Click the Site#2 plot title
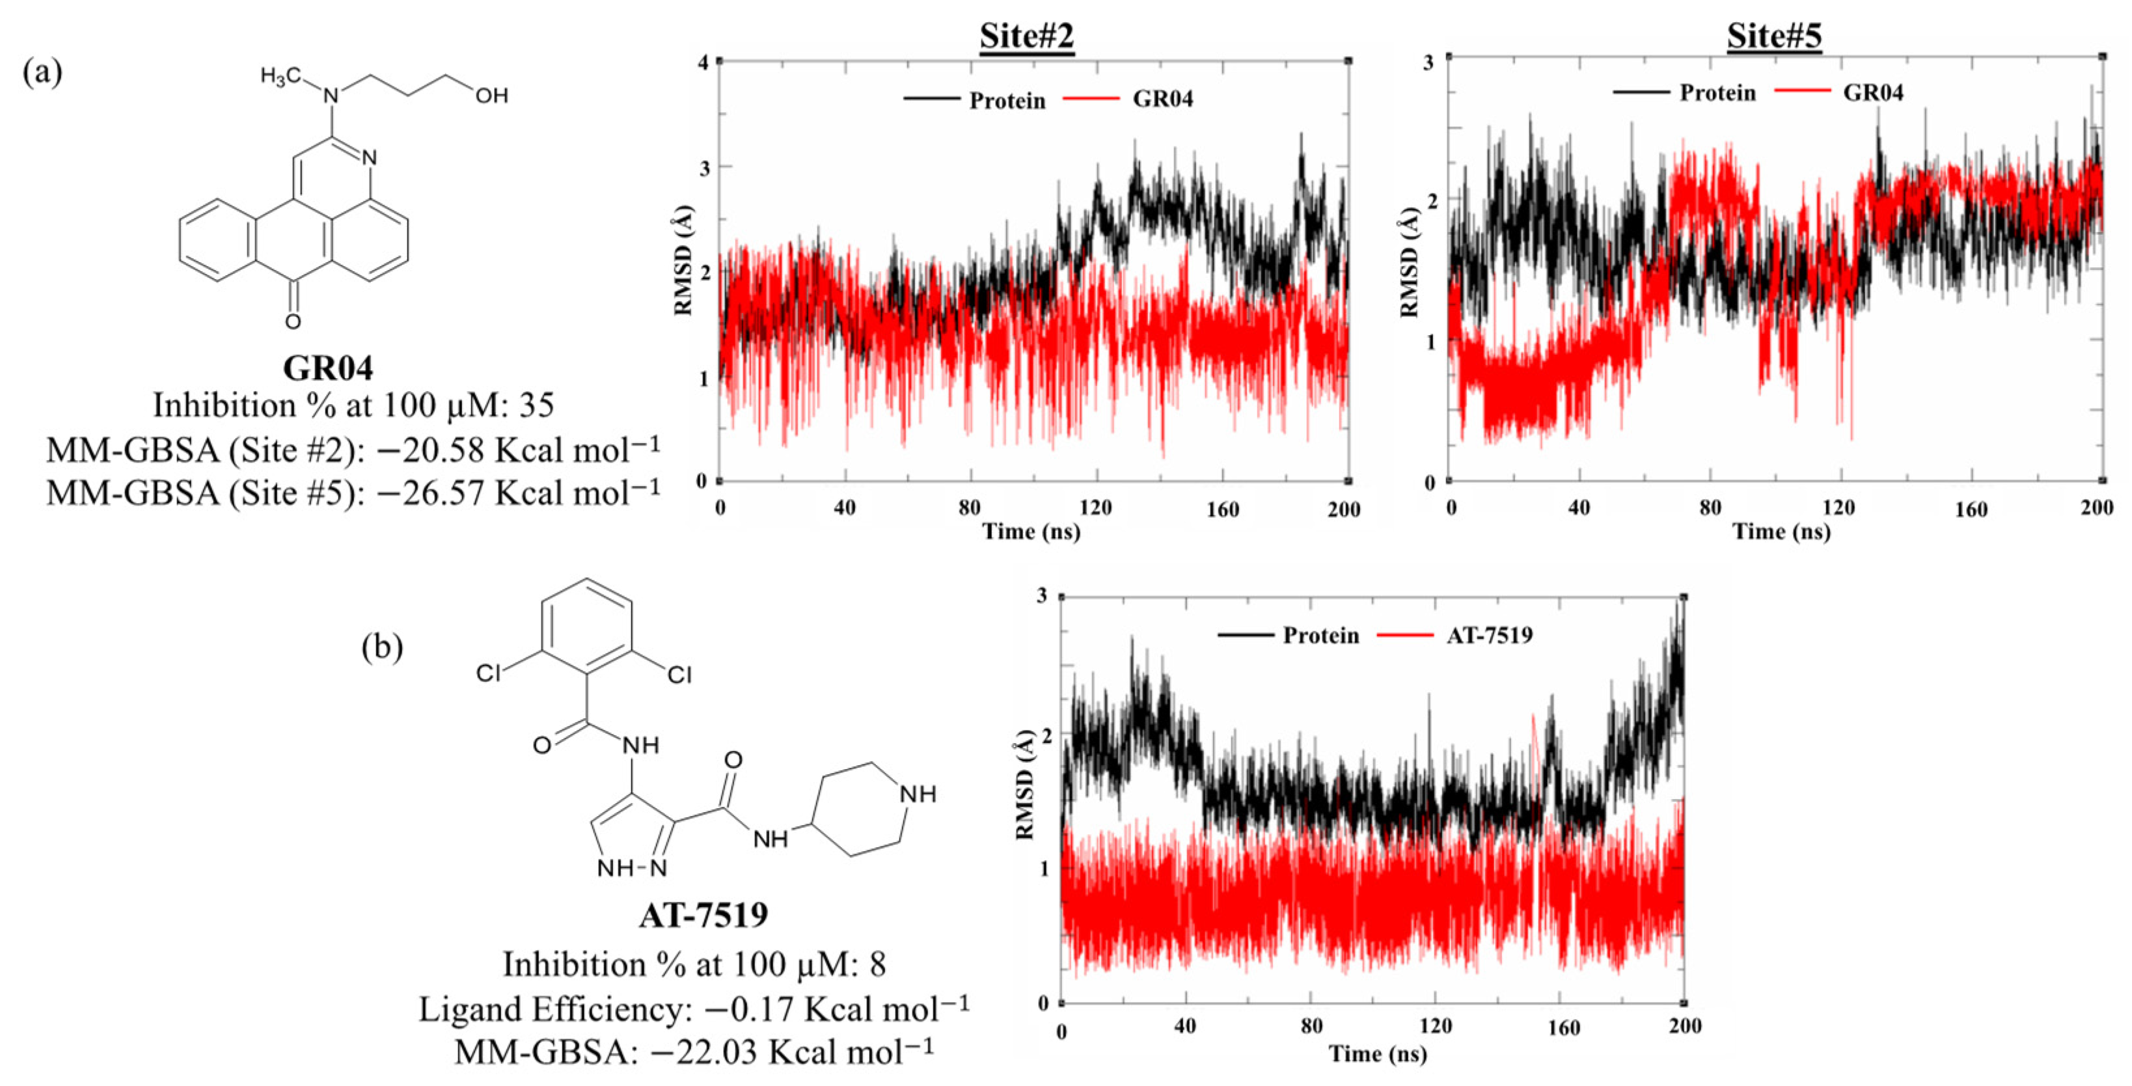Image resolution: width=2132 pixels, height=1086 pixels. (x=1026, y=36)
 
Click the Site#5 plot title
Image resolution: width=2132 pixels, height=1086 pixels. (x=1773, y=36)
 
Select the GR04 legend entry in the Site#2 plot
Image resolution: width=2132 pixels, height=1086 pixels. (x=1162, y=100)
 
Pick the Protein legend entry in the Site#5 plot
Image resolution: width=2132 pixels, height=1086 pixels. (x=1717, y=92)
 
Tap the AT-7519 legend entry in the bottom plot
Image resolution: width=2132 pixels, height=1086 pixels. (x=1489, y=636)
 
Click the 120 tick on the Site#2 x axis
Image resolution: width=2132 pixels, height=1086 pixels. (x=1096, y=508)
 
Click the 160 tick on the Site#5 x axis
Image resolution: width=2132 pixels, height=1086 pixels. (x=1971, y=509)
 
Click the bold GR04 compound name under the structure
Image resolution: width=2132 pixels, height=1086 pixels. (x=328, y=368)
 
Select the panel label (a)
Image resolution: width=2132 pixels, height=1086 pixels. (x=42, y=73)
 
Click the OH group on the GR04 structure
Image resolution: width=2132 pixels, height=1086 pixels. (x=491, y=96)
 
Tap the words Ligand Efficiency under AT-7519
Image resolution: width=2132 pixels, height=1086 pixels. (x=554, y=1010)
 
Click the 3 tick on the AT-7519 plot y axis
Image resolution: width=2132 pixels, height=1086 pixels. (x=1042, y=597)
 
